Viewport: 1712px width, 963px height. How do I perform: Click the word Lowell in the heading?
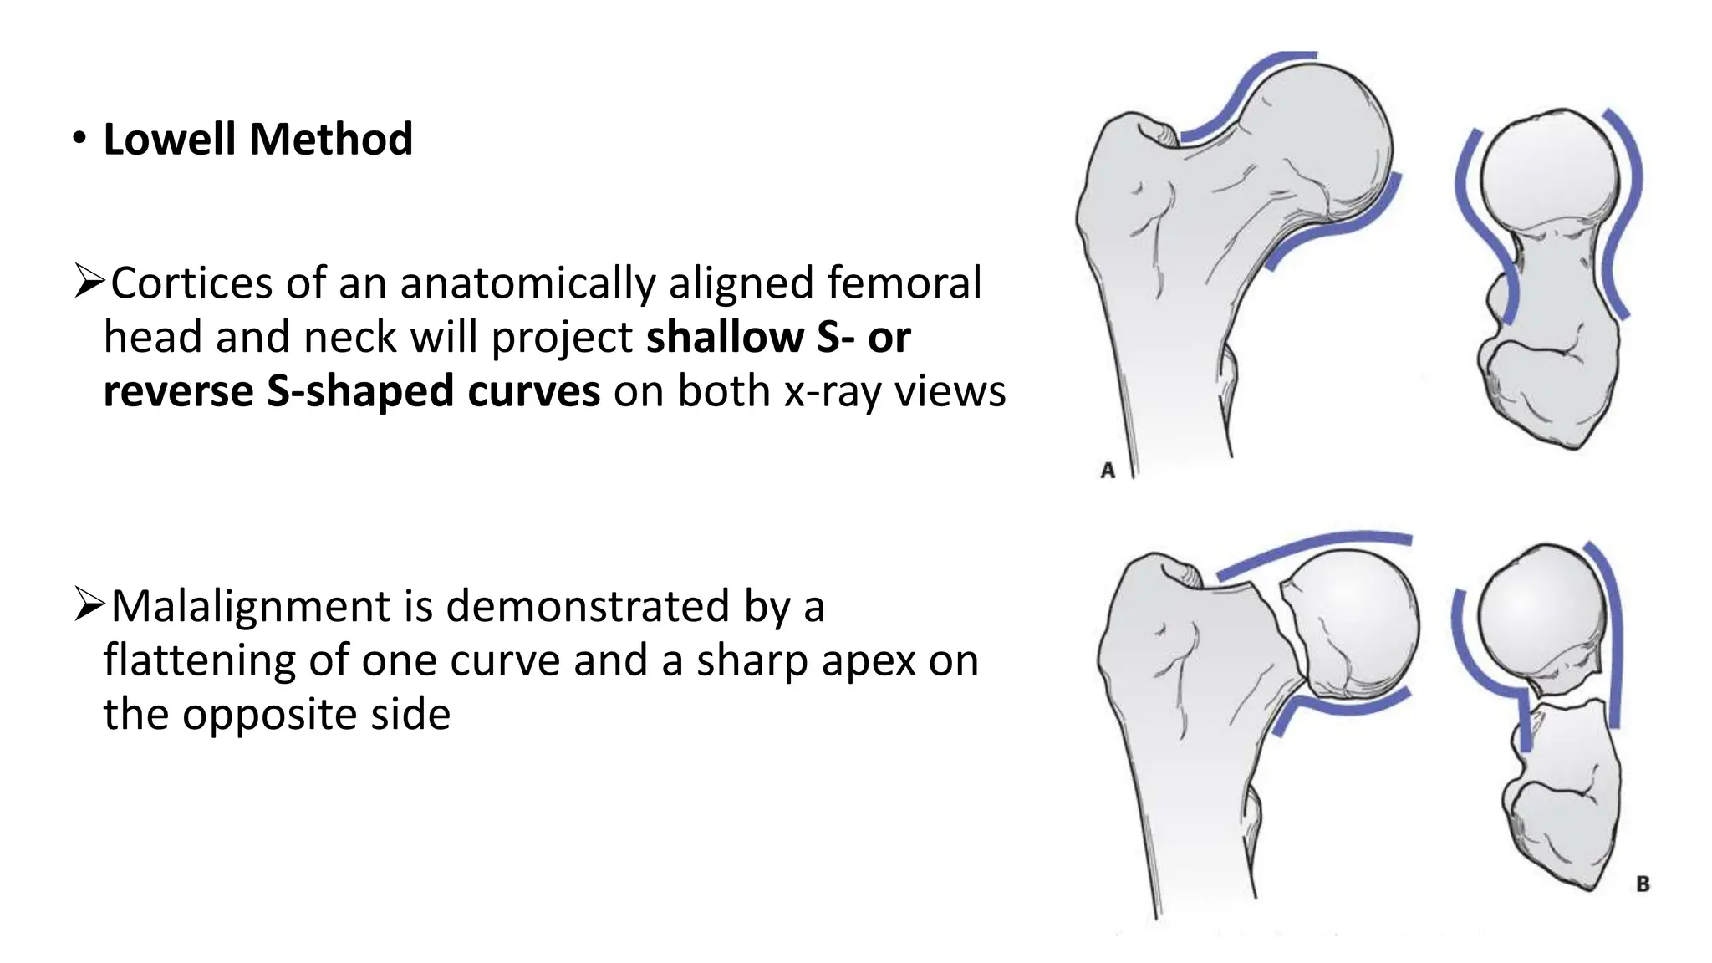point(170,139)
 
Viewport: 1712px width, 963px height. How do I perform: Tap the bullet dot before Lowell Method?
point(79,138)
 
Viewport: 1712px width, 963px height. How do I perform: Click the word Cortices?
point(191,283)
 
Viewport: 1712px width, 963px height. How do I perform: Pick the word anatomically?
point(527,283)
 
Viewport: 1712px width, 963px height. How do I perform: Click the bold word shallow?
point(724,337)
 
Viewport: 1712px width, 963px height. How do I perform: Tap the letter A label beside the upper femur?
point(1108,471)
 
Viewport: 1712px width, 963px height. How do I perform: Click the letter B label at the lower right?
point(1643,884)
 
